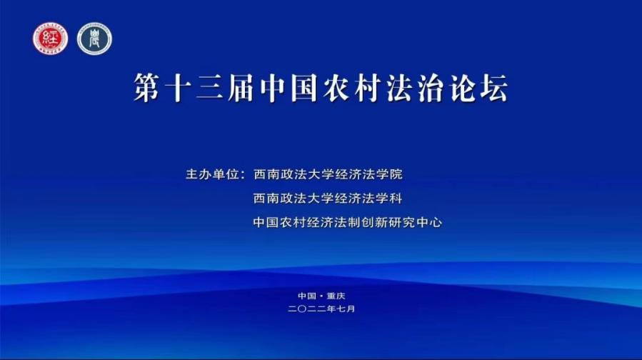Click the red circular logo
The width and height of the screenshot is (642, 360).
pos(51,39)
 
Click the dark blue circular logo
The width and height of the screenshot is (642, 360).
pos(94,39)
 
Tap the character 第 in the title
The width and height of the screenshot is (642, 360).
pos(147,88)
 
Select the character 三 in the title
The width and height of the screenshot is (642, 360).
pos(210,88)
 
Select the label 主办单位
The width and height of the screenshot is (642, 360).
pos(212,174)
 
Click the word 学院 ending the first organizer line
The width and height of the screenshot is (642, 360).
pos(389,174)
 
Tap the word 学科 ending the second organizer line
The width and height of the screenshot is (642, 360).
pos(389,199)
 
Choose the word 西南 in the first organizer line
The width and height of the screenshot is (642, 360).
pos(267,174)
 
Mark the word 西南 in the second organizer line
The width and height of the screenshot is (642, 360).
pos(267,199)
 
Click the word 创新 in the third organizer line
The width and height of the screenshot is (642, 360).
pos(375,222)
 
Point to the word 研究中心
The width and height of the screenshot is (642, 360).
pos(415,222)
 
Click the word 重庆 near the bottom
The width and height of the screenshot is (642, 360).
pos(336,296)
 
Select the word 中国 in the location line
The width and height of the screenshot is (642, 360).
pos(307,296)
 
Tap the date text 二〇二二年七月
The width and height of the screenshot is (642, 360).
pos(321,309)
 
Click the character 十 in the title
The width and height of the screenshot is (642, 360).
pos(179,88)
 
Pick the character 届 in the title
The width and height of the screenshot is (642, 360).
pos(241,88)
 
